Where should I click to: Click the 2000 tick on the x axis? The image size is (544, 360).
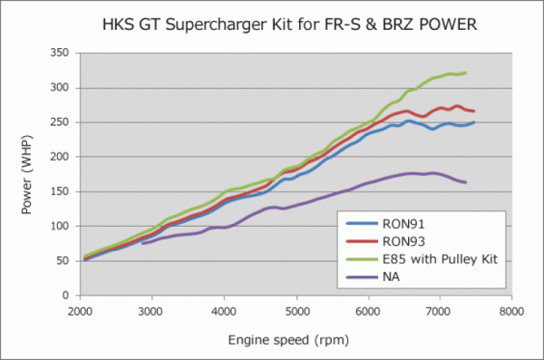(80, 309)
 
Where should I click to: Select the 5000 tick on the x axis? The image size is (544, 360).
(296, 309)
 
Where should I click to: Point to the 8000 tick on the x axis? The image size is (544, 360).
(511, 309)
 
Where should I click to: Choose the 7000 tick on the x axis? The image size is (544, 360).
(440, 309)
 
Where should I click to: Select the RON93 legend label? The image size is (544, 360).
(402, 240)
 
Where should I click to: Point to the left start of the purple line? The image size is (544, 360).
(142, 243)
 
